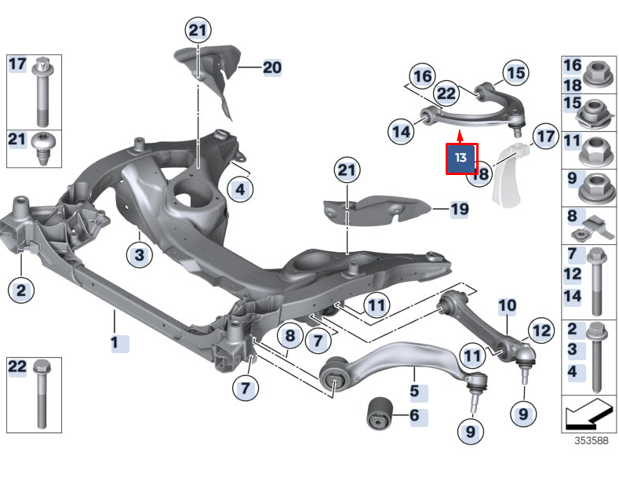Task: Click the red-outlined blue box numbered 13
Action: (461, 158)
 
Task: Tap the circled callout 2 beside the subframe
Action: (21, 290)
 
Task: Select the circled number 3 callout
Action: (139, 254)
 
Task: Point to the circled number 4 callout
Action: (240, 188)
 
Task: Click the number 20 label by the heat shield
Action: (271, 68)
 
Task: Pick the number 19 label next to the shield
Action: (459, 209)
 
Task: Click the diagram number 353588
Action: (590, 440)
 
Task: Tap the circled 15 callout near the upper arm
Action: (515, 73)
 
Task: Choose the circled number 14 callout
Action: (402, 132)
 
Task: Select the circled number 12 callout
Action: (541, 330)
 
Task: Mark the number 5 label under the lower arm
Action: (413, 389)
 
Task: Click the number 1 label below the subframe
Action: (115, 342)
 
